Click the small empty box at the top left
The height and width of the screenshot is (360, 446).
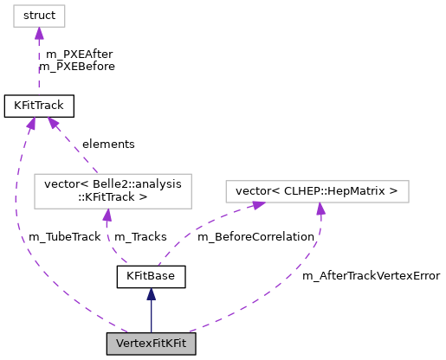point(39,16)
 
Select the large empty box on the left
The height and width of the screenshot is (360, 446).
point(113,191)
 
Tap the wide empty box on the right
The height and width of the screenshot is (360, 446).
point(317,191)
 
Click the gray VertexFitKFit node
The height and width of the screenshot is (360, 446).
point(151,344)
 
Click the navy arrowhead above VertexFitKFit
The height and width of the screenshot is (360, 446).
point(152,294)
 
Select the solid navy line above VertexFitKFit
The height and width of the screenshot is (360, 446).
point(152,317)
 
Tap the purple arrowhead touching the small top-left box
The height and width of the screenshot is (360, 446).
point(39,34)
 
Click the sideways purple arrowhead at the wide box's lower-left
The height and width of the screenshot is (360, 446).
point(257,205)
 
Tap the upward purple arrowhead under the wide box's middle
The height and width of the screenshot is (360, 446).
point(320,209)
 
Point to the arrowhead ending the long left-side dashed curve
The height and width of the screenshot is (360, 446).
point(31,124)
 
